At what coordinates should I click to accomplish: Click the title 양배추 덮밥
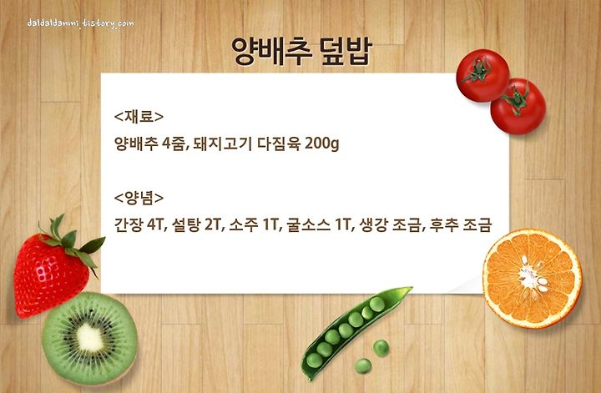pyautogui.click(x=301, y=51)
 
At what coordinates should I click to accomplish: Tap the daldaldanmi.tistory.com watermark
pyautogui.click(x=80, y=23)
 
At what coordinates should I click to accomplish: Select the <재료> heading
pyautogui.click(x=139, y=117)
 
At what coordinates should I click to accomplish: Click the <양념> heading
pyautogui.click(x=139, y=198)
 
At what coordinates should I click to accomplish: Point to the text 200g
pyautogui.click(x=322, y=144)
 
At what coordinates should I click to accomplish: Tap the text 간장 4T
pyautogui.click(x=139, y=224)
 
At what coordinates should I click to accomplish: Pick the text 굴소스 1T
pyautogui.click(x=319, y=224)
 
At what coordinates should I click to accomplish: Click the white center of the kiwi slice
pyautogui.click(x=89, y=338)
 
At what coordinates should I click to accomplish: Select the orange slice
pyautogui.click(x=532, y=279)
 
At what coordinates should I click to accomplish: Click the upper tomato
pyautogui.click(x=482, y=75)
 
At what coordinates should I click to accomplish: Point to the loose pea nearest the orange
pyautogui.click(x=381, y=348)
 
